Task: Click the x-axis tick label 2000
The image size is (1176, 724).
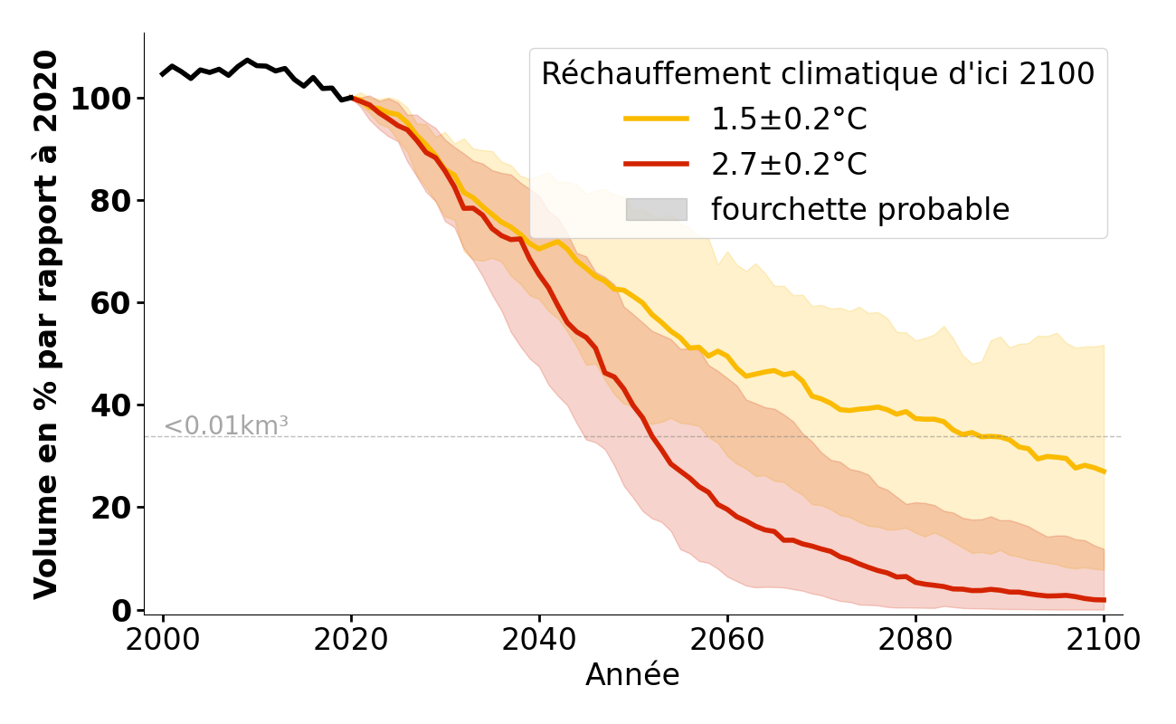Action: tap(163, 640)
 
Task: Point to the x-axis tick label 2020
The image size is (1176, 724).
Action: tap(351, 640)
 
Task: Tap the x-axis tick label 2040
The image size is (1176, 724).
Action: tap(538, 640)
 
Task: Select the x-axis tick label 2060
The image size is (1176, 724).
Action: tap(726, 640)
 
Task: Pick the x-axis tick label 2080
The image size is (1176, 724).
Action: tap(915, 640)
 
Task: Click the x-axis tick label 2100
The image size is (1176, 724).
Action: tap(1103, 640)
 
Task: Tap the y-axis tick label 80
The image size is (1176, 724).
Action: tap(110, 201)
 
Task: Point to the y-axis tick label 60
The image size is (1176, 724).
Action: tap(110, 303)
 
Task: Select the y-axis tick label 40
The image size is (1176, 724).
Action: tap(110, 405)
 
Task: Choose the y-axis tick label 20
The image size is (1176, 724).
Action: tap(110, 508)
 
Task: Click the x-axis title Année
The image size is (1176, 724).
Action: tap(632, 675)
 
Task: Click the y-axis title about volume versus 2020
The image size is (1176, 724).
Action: tap(46, 324)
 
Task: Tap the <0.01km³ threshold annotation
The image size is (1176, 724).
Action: tap(225, 425)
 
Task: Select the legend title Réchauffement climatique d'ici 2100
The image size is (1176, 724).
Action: tap(818, 73)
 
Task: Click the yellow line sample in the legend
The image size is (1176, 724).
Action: tap(656, 119)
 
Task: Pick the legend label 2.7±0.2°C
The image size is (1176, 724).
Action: tap(789, 165)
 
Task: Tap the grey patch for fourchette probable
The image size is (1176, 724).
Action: tap(656, 210)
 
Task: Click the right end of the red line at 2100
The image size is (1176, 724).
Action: tap(1104, 600)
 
